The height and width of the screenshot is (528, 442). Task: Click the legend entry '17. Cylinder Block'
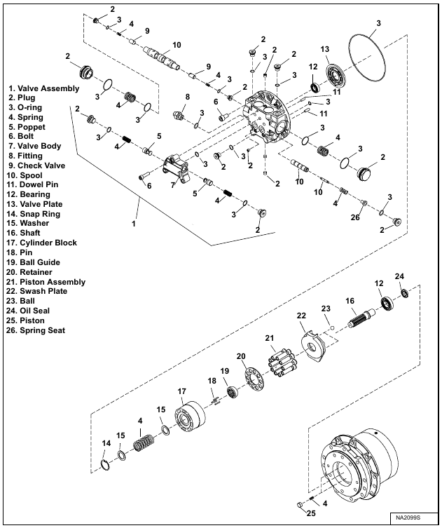pos(43,243)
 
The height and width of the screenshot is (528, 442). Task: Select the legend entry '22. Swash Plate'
pos(41,291)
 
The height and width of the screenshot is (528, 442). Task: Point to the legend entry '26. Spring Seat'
pos(40,330)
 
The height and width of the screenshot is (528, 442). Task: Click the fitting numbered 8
pos(181,113)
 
